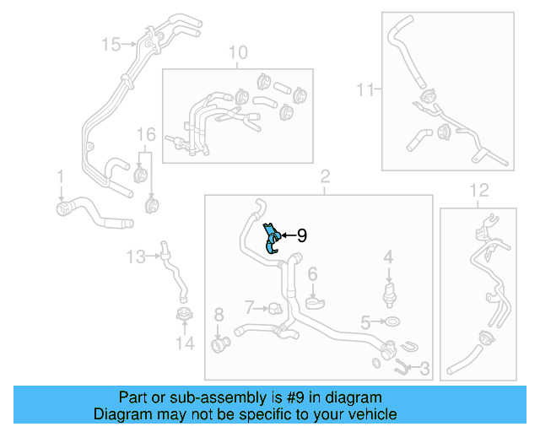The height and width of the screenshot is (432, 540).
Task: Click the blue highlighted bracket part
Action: [271, 238]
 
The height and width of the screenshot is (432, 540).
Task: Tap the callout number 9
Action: [301, 237]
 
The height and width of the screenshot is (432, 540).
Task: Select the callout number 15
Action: [111, 43]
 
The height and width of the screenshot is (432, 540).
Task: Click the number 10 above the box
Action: [238, 53]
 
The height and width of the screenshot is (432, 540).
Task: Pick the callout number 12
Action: [478, 190]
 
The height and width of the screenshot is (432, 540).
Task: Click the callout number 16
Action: [146, 134]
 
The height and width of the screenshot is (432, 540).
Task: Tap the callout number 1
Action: [60, 175]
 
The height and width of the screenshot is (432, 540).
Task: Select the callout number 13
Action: [136, 255]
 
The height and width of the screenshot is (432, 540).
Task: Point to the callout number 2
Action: [324, 176]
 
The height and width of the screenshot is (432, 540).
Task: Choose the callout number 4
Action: [388, 256]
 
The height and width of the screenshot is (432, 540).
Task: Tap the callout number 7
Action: [249, 305]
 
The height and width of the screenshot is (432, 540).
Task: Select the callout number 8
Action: [219, 315]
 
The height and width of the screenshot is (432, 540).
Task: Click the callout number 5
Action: [365, 321]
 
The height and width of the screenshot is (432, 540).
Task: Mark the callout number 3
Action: [424, 369]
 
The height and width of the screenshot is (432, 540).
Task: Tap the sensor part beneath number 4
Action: [388, 293]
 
